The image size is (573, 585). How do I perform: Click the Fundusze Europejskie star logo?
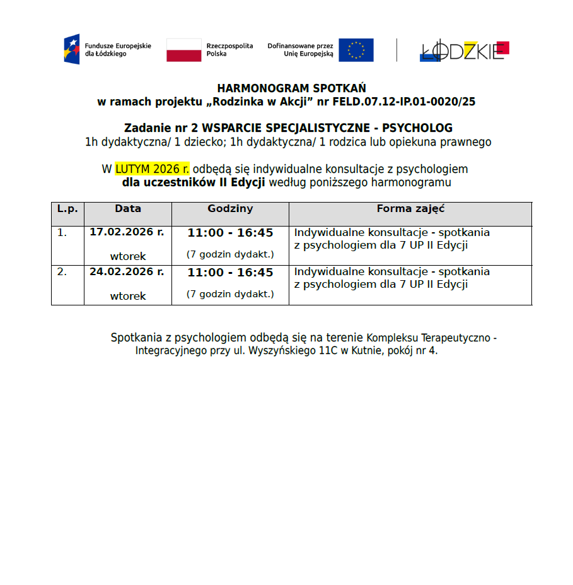71,49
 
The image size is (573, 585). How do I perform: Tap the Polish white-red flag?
184,50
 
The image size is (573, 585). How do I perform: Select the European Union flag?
356,50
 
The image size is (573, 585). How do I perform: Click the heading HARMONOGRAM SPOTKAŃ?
291,88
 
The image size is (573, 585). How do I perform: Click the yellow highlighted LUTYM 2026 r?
152,169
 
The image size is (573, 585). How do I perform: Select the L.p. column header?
67,209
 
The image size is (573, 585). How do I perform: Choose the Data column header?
127,209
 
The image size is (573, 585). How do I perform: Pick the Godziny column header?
230,209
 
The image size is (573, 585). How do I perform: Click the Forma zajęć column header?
410,209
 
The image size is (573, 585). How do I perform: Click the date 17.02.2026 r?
127,232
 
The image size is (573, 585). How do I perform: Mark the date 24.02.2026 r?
127,272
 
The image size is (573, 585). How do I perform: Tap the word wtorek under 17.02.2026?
128,256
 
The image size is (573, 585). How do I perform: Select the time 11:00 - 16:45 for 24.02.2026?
230,273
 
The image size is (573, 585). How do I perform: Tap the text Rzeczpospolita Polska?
229,50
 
